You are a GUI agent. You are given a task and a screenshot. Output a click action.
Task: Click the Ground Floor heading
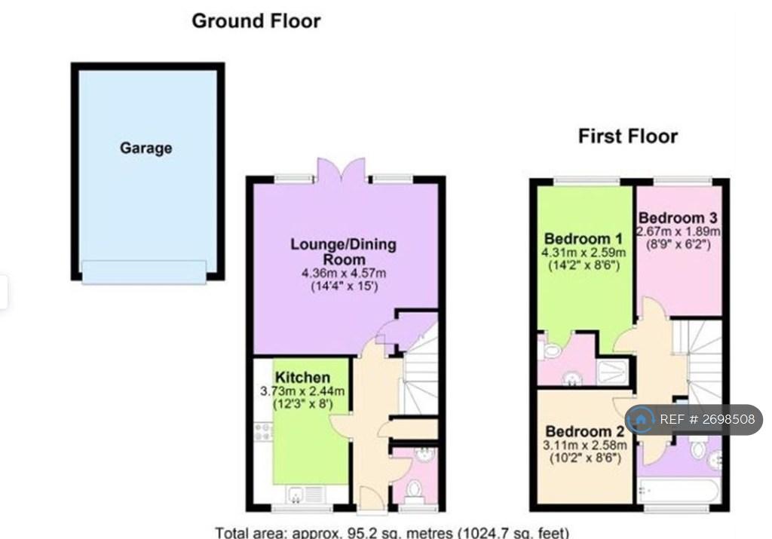(x=256, y=21)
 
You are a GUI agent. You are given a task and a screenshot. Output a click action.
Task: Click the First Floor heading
(x=628, y=136)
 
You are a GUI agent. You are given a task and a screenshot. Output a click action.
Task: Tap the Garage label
(x=146, y=149)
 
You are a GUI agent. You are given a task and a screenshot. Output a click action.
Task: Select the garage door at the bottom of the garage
(x=144, y=272)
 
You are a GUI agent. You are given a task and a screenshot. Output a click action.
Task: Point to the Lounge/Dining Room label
(x=343, y=252)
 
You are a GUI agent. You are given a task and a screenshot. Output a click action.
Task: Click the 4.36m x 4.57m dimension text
(x=344, y=273)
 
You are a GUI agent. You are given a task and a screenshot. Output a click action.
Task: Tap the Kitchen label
(x=302, y=378)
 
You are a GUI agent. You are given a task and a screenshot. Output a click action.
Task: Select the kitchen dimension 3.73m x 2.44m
(x=302, y=391)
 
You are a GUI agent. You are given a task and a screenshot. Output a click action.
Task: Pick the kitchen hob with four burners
(x=263, y=432)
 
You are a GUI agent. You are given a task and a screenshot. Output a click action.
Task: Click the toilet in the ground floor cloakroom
(x=414, y=491)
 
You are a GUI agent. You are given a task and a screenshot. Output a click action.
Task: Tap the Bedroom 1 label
(x=584, y=239)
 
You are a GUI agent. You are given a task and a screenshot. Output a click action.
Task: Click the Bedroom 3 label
(x=678, y=218)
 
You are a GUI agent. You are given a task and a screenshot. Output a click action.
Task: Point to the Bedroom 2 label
(x=585, y=432)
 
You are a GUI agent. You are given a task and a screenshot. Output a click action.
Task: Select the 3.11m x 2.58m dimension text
(x=585, y=446)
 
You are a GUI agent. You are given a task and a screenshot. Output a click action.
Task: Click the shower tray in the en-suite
(x=612, y=372)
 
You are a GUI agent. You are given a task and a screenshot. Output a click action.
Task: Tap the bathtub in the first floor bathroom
(x=679, y=490)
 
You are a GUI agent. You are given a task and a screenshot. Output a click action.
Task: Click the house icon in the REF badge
(x=641, y=420)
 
